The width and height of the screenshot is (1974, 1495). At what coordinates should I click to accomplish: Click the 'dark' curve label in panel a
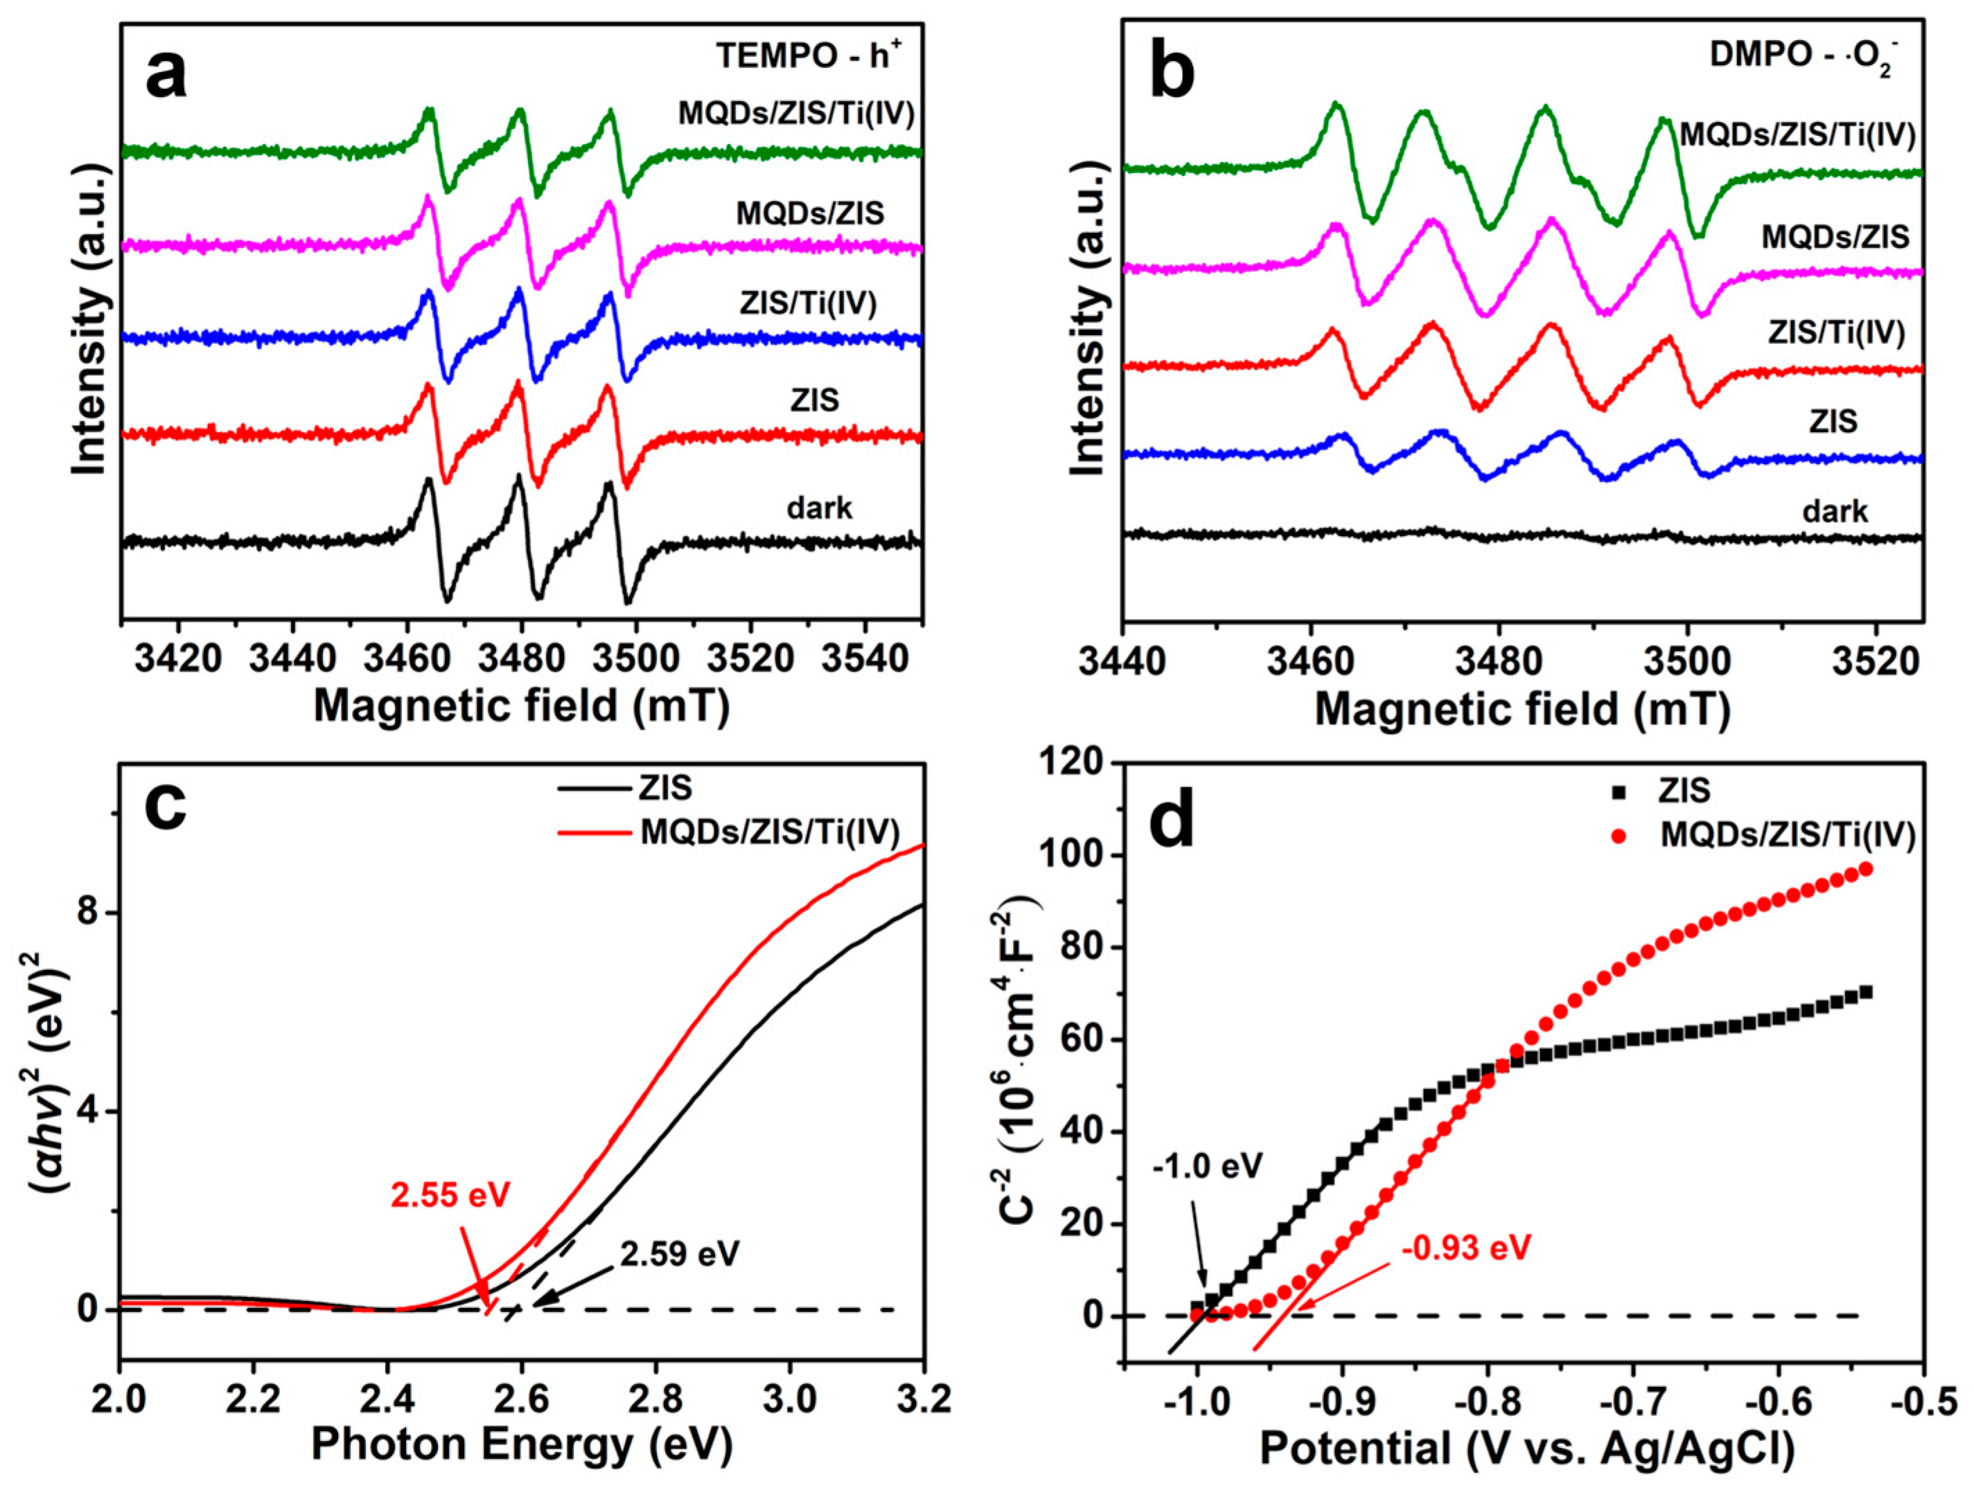coord(818,508)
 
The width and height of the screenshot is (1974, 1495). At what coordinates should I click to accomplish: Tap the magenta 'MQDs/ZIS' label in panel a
coord(809,213)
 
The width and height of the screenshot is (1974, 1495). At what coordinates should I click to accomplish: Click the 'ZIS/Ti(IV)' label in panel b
coord(1837,332)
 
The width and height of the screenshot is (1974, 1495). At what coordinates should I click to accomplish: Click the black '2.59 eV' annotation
coord(680,1254)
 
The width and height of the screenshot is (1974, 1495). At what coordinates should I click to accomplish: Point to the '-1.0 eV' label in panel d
coord(1208,1166)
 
